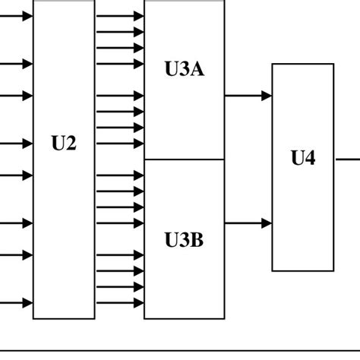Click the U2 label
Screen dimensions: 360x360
[x=64, y=144]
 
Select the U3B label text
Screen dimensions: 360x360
[x=184, y=242]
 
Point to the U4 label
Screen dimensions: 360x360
[x=302, y=159]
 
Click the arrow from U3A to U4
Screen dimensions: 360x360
[x=248, y=96]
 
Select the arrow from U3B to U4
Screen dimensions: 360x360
[x=248, y=223]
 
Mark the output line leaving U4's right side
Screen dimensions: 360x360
[x=346, y=159]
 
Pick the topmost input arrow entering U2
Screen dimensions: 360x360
[x=17, y=16]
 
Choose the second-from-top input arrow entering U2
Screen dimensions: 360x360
[x=17, y=64]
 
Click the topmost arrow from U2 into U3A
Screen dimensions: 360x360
[x=120, y=16]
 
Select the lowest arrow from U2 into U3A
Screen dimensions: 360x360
[x=120, y=144]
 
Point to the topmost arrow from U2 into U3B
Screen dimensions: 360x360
[x=120, y=175]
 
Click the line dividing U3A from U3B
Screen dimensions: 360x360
[x=184, y=159]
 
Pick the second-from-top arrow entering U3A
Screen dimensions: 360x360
[x=120, y=32]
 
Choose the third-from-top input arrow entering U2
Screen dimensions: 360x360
[x=17, y=96]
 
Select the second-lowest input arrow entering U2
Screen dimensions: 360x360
[x=17, y=255]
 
